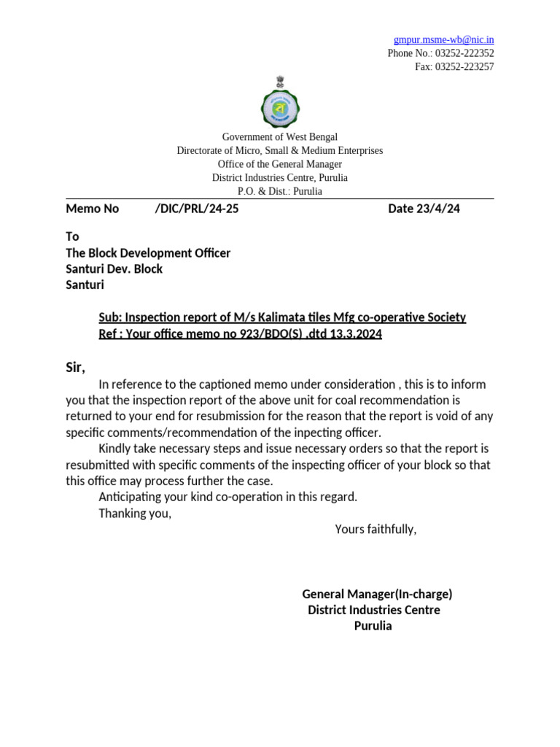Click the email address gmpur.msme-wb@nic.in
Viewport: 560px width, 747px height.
click(x=443, y=39)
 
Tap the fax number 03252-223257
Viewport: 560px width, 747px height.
click(x=464, y=66)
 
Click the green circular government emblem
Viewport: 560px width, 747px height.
click(x=279, y=108)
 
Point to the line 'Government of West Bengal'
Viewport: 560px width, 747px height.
click(x=279, y=137)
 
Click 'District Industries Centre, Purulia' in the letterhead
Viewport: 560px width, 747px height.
click(x=279, y=177)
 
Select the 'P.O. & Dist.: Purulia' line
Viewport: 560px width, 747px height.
click(x=279, y=191)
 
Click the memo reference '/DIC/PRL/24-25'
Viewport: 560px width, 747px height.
click(x=196, y=209)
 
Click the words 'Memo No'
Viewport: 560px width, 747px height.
click(x=92, y=209)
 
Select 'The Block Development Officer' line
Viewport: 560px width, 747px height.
click(x=148, y=253)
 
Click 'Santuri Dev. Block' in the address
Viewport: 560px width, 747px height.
click(x=114, y=269)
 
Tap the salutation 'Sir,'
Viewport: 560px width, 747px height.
click(x=76, y=368)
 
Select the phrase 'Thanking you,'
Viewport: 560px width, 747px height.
click(x=135, y=513)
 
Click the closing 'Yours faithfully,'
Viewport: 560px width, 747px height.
click(x=376, y=529)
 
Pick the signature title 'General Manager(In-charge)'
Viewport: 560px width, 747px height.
click(x=377, y=594)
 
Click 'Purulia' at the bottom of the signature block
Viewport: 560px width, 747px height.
click(x=373, y=626)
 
